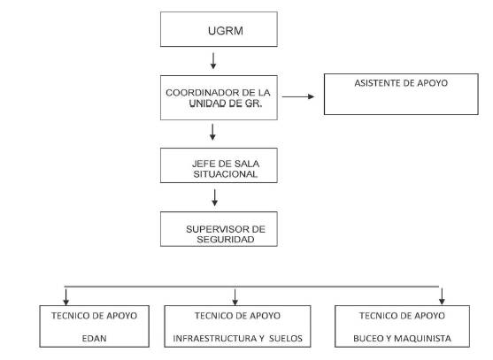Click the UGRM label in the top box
point(226,31)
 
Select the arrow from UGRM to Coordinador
point(213,61)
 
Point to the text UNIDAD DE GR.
point(226,103)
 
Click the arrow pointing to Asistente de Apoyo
point(298,96)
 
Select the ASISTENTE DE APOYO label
point(401,83)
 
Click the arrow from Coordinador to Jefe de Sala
point(212,132)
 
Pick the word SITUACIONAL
point(226,174)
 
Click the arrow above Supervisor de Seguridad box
point(215,197)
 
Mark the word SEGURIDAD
point(226,240)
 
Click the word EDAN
point(95,338)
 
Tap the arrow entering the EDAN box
point(65,297)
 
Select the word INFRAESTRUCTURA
point(215,338)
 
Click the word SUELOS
point(286,338)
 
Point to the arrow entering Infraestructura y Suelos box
point(235,297)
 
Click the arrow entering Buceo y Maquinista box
point(442,296)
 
